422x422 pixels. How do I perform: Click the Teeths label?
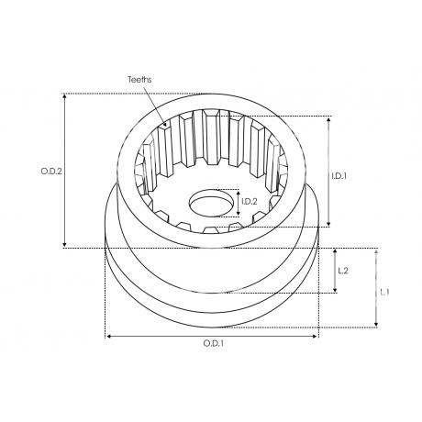(139, 80)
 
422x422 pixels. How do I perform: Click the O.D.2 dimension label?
(51, 172)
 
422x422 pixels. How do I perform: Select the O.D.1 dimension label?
(214, 343)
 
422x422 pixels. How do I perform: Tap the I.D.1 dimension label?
(339, 176)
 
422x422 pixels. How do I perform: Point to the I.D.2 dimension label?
(250, 201)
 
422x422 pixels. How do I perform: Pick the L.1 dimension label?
(384, 293)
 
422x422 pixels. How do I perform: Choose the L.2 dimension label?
(343, 271)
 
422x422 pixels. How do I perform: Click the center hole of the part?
(210, 203)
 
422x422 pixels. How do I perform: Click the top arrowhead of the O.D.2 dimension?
(64, 96)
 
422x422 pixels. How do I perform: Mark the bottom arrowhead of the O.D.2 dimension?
(64, 244)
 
